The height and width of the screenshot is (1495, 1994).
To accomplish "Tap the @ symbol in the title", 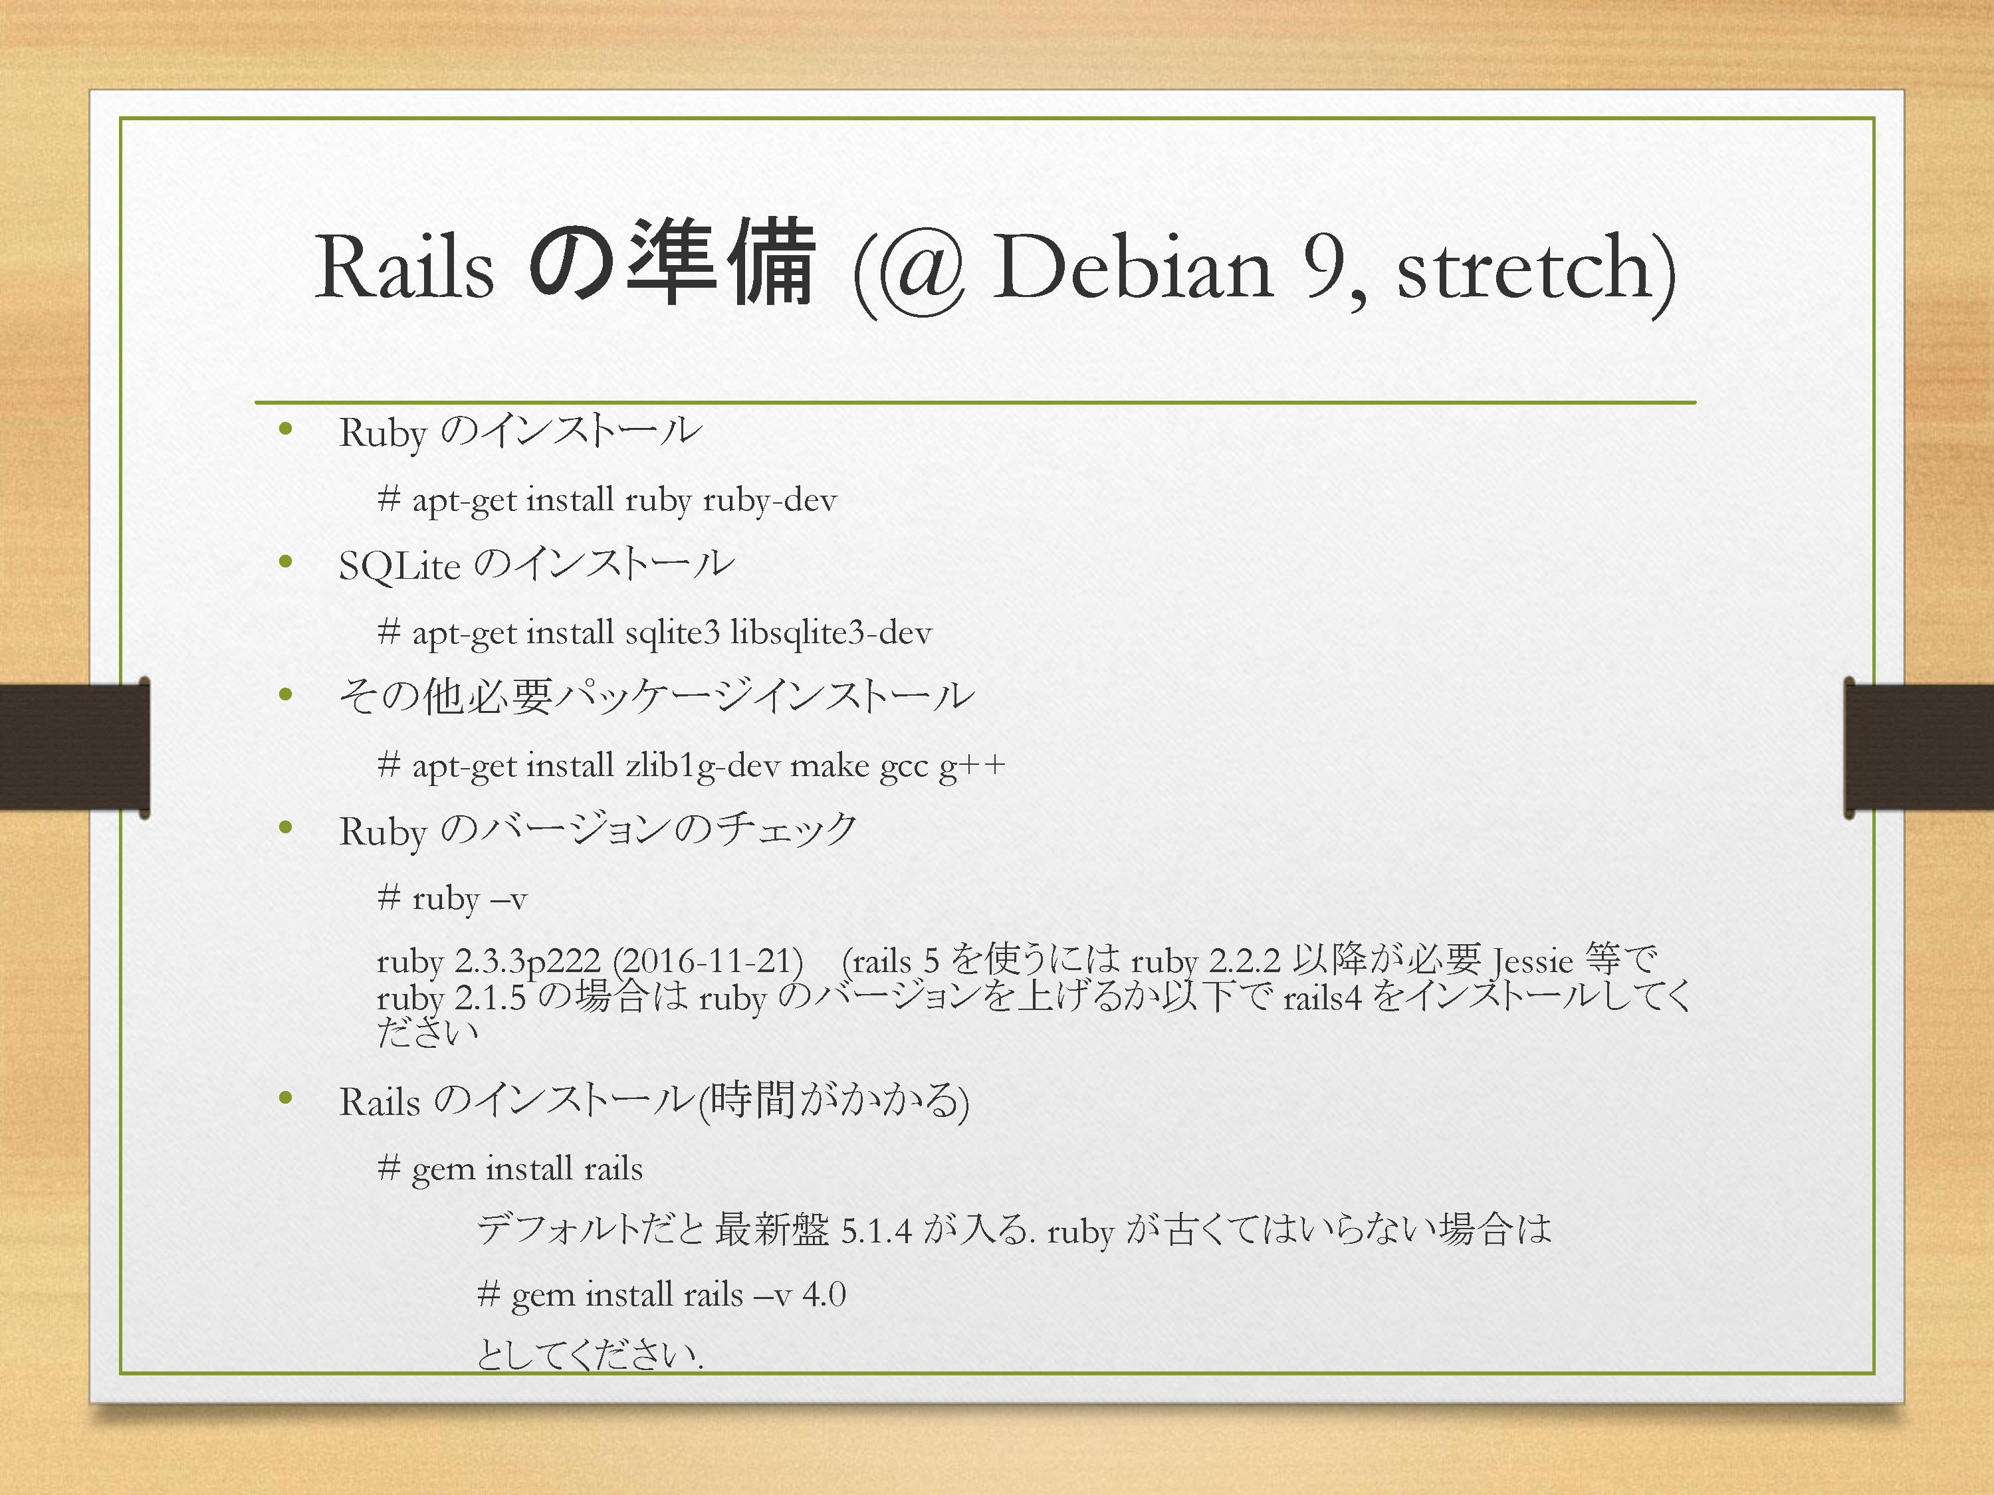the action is (921, 270).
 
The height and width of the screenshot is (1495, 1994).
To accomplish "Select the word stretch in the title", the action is (1523, 268).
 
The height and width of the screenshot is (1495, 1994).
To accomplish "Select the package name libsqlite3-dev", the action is (831, 633).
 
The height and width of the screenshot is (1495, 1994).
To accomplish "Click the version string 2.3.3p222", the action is (526, 961).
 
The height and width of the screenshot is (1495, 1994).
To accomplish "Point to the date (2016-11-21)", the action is (708, 961).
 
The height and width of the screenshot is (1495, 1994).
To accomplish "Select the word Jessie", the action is (1533, 961).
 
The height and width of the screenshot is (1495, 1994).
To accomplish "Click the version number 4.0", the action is (824, 1295).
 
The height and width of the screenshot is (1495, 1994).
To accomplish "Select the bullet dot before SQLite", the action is (286, 562).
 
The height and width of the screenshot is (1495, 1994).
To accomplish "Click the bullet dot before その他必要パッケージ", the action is (286, 694).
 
